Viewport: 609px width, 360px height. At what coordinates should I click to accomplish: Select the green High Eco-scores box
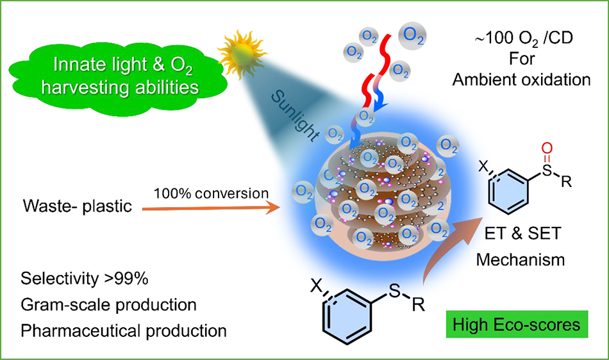[517, 324]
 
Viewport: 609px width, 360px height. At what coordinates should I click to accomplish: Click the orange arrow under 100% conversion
[211, 209]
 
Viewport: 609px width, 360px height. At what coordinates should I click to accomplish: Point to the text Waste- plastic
[78, 206]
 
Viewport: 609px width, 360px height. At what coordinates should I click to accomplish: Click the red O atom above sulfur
[547, 148]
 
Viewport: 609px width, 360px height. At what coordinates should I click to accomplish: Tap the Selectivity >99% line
[84, 279]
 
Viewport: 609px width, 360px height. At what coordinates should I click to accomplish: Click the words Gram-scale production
[108, 304]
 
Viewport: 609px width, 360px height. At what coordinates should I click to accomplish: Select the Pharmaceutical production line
[124, 331]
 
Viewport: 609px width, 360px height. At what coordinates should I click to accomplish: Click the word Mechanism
[521, 259]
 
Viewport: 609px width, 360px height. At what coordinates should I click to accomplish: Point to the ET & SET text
[522, 234]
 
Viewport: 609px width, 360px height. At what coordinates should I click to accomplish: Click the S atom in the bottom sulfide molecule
[394, 290]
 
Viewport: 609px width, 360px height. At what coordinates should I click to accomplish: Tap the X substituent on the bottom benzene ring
[317, 286]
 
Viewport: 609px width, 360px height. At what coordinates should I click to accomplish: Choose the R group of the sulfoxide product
[566, 181]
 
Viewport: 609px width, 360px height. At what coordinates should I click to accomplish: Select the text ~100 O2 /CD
[524, 38]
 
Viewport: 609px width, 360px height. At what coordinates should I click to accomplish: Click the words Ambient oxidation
[521, 79]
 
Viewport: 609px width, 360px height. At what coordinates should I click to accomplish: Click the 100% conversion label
[212, 193]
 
